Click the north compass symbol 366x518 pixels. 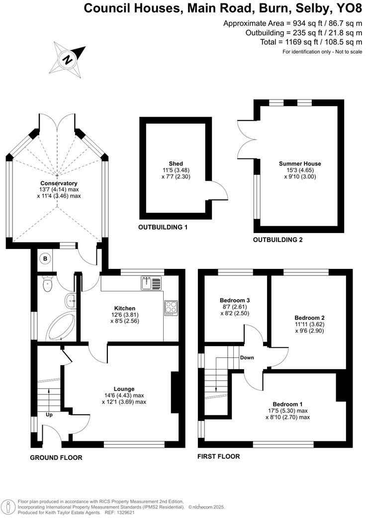tap(66, 58)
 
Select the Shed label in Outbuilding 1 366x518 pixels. tap(176, 164)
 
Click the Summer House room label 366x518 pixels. tap(299, 164)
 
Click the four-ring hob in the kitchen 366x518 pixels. tap(171, 308)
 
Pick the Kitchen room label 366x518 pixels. tap(124, 309)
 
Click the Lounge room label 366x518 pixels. tap(124, 389)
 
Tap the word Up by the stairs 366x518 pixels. tap(49, 414)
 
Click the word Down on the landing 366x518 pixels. tap(247, 358)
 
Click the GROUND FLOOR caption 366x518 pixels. tap(56, 457)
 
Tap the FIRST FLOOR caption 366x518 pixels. tap(218, 456)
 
